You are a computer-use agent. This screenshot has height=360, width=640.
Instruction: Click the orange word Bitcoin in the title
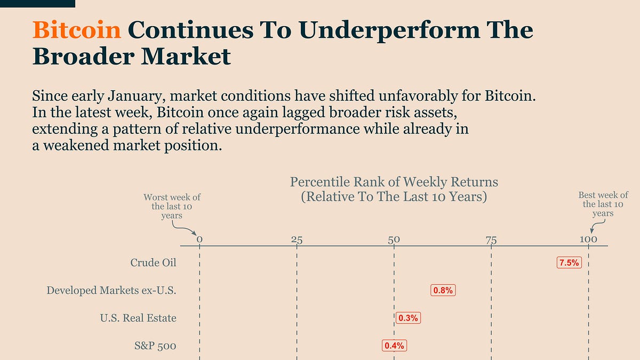[x=76, y=30]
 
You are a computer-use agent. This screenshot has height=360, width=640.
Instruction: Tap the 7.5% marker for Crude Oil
[x=569, y=262]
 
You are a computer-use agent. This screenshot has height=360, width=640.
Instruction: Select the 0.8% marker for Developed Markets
[x=444, y=290]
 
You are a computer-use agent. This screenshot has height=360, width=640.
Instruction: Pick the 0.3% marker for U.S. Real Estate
[x=408, y=318]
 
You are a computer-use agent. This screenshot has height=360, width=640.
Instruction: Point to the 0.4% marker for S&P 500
[x=395, y=346]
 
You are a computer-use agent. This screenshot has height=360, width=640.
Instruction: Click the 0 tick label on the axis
[x=199, y=239]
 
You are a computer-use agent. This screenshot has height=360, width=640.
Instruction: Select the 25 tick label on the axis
[x=297, y=239]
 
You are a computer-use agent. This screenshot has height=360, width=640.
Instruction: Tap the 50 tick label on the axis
[x=394, y=239]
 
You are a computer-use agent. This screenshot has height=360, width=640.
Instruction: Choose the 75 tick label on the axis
[x=491, y=239]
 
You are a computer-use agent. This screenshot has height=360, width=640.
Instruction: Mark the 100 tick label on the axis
[x=589, y=239]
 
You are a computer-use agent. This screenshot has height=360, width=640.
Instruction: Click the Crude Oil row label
[x=153, y=262]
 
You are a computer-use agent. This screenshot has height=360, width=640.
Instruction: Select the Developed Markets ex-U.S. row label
[x=111, y=290]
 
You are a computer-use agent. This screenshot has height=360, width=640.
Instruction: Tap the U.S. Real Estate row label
[x=138, y=318]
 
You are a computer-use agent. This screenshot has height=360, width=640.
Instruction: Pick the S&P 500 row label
[x=155, y=346]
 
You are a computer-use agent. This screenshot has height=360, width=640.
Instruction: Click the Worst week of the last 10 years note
[x=172, y=206]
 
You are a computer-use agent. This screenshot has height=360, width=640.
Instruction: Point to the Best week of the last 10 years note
[x=603, y=204]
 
